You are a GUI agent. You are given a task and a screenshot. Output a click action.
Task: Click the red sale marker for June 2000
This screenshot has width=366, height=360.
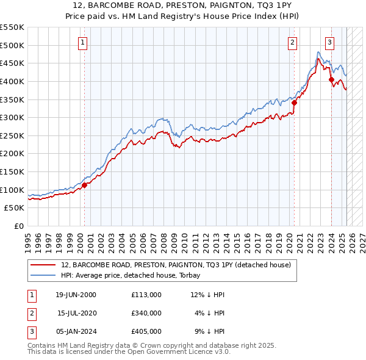click(x=84, y=185)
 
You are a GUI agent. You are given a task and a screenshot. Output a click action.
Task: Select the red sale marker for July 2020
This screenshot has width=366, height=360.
click(x=293, y=103)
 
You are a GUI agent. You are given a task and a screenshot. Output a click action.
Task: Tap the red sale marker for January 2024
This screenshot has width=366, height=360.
click(x=331, y=79)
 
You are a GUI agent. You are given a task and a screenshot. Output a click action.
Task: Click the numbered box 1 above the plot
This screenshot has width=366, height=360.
click(x=82, y=42)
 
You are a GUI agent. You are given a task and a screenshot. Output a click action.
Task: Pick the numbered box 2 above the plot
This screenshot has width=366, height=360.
click(x=293, y=42)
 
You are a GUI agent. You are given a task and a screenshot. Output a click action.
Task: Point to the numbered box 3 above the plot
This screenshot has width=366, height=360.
click(x=329, y=42)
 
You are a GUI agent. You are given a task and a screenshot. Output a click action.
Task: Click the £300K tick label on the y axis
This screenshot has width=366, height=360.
click(x=12, y=117)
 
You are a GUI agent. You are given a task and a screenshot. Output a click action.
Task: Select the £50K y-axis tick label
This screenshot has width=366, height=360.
click(x=15, y=208)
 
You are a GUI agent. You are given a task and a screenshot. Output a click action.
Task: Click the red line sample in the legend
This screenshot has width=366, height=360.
click(x=43, y=265)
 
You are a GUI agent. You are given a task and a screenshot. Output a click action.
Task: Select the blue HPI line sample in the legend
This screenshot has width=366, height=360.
click(x=43, y=276)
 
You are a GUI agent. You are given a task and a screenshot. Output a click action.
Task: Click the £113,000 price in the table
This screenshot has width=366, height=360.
click(x=146, y=295)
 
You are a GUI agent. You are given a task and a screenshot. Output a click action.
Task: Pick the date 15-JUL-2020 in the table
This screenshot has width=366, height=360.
click(x=76, y=312)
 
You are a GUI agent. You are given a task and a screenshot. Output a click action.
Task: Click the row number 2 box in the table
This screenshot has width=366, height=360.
click(x=31, y=312)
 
